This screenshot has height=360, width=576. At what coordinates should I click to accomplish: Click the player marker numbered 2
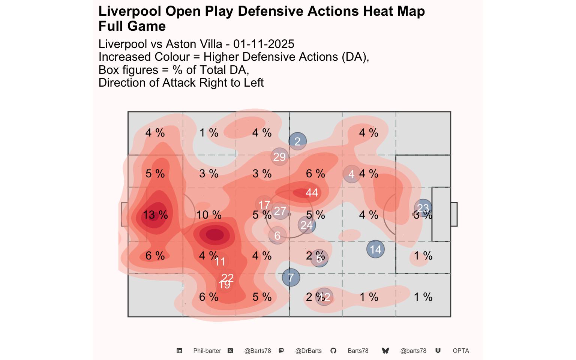[x=298, y=141]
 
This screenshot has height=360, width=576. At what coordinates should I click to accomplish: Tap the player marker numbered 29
[x=279, y=156]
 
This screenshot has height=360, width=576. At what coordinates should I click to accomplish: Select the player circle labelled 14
[x=375, y=249]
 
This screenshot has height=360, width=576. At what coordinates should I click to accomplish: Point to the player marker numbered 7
[x=291, y=278]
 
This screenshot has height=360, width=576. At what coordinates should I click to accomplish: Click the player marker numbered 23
[x=423, y=208]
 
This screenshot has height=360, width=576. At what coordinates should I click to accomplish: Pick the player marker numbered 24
[x=307, y=225]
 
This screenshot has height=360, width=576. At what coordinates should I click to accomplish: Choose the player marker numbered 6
[x=277, y=235]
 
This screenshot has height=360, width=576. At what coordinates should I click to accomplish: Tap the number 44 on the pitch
[x=312, y=192]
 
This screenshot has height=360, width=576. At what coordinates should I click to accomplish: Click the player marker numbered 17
[x=264, y=205]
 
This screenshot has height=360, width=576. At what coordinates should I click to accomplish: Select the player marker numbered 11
[x=220, y=261]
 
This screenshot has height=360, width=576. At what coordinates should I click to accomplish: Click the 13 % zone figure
[x=155, y=215]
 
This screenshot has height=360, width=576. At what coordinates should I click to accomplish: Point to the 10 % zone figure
[x=209, y=215]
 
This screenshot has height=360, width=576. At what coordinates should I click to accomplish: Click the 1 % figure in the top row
[x=209, y=133]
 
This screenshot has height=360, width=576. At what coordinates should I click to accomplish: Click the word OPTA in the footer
[x=461, y=351]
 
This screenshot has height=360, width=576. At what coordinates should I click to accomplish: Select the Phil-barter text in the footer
[x=207, y=351]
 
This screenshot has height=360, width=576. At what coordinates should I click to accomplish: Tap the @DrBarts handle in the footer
[x=308, y=351]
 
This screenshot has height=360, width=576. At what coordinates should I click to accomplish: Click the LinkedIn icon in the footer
[x=179, y=351]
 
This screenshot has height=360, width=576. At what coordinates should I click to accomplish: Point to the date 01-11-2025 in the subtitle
[x=264, y=44]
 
